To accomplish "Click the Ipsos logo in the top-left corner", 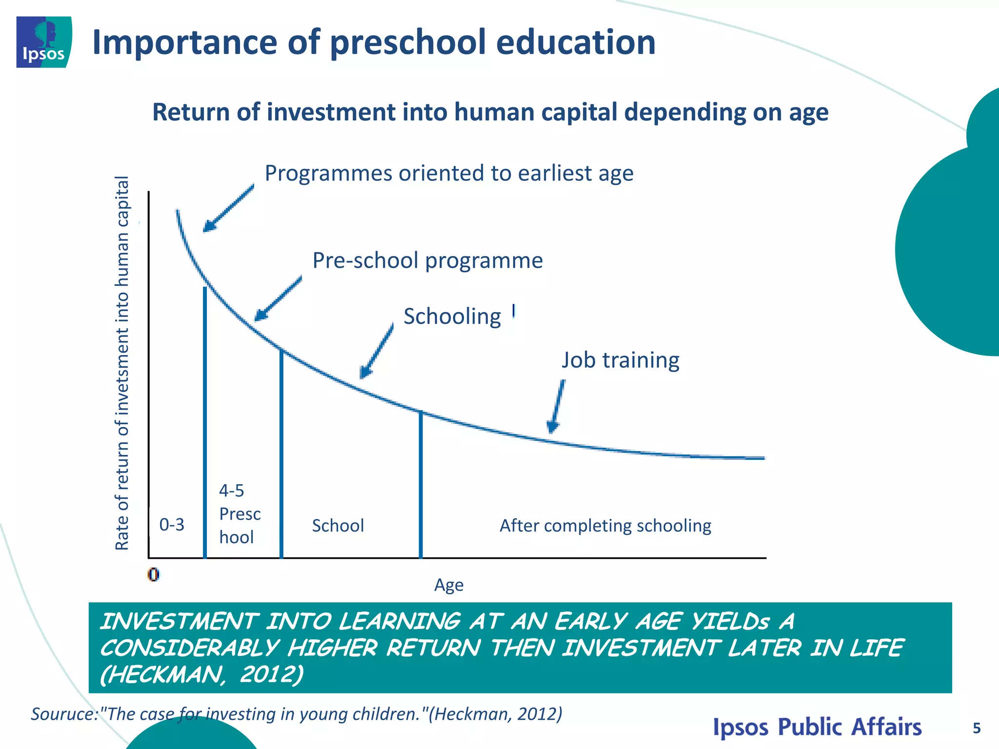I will (x=44, y=42).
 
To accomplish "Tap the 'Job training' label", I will (x=620, y=360).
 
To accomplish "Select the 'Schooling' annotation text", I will (x=452, y=316).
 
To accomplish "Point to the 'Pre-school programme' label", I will (x=427, y=260).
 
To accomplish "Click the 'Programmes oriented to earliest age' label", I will (x=449, y=173).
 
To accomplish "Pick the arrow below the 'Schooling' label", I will (x=376, y=351).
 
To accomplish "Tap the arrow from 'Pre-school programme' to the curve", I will (x=278, y=298).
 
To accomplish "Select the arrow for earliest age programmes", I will (x=228, y=208).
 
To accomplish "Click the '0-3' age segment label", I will (x=172, y=525).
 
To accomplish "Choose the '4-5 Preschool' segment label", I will (x=239, y=514).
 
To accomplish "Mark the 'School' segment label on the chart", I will (x=338, y=526).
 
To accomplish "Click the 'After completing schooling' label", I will (x=605, y=526).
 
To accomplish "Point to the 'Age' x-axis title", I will (x=449, y=585).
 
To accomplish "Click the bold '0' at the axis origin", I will (x=153, y=575).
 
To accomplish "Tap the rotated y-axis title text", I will (x=122, y=363).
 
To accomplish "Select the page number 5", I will (x=977, y=729).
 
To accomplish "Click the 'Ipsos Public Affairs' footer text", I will (x=817, y=727).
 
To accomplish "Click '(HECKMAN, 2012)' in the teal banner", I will (x=201, y=675).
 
